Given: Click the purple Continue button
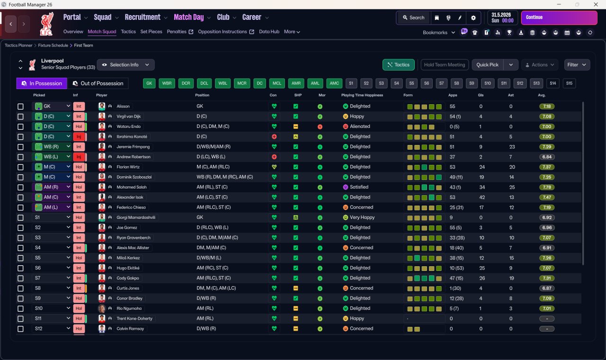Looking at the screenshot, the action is click(559, 18).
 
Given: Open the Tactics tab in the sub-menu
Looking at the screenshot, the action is click(128, 32).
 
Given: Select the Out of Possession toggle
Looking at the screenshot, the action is click(98, 83).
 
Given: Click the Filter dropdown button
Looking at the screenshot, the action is click(577, 65).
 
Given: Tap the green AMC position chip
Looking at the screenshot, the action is click(334, 83).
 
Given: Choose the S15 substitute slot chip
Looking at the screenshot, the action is click(569, 83).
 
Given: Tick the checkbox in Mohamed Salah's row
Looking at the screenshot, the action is click(20, 187).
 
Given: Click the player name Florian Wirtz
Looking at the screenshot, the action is click(128, 167).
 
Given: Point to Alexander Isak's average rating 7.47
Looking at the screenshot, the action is click(547, 198).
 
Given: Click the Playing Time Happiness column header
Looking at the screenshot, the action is click(362, 95).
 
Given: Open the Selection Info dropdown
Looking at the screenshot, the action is click(126, 65).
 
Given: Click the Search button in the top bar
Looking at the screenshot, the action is click(413, 18).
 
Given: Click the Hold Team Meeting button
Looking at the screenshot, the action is click(445, 65).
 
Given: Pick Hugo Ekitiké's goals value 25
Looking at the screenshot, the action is click(481, 268).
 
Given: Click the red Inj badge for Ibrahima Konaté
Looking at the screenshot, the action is click(79, 137).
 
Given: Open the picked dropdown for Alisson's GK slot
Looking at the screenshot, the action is click(68, 106).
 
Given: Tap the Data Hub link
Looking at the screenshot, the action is click(269, 32).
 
